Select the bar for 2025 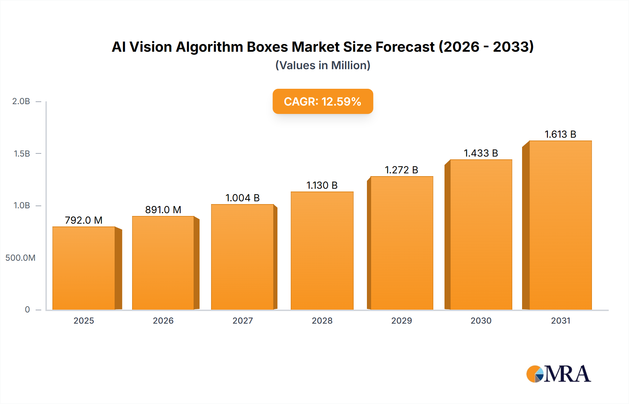[x=84, y=268]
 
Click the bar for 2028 [x=322, y=251]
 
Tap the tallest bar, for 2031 [x=560, y=225]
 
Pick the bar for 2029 [x=402, y=243]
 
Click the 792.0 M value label [x=84, y=220]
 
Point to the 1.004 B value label [x=243, y=198]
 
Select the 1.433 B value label [x=481, y=153]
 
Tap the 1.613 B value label [x=560, y=134]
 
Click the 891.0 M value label [x=163, y=210]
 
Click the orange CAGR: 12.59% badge [x=323, y=101]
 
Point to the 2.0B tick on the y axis [x=21, y=101]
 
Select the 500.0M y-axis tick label [x=20, y=258]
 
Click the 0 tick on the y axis [x=27, y=310]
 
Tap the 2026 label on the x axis [x=163, y=320]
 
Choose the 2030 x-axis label [x=481, y=320]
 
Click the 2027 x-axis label [x=243, y=320]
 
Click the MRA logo [x=558, y=374]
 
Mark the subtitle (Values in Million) [x=323, y=65]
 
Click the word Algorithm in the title [x=209, y=47]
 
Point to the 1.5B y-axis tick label [x=22, y=154]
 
